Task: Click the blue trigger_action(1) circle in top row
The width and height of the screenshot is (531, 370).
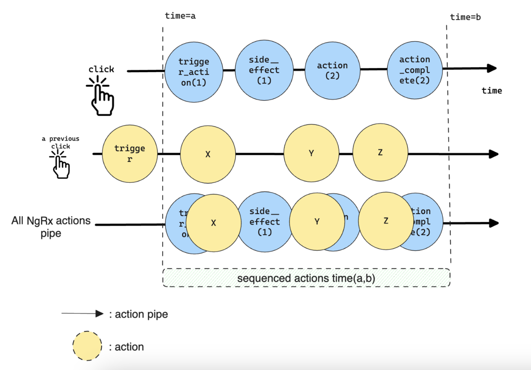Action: click(194, 72)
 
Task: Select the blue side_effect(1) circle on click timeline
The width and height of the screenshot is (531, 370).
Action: click(264, 70)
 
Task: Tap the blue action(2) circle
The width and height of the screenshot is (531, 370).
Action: click(332, 70)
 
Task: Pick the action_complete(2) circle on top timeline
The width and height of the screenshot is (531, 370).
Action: click(414, 70)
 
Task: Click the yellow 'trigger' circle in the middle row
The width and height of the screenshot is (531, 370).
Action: click(130, 154)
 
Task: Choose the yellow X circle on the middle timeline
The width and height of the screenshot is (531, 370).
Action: click(208, 154)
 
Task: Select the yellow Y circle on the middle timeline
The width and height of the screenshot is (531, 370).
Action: click(311, 153)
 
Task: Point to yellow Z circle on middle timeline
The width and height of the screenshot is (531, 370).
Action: click(380, 152)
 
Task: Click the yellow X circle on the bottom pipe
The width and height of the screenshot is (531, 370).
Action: click(213, 223)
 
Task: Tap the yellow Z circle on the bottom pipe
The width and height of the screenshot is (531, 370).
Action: click(386, 221)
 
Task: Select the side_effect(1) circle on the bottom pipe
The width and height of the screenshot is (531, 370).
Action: click(264, 221)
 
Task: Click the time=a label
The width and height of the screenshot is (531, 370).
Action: click(180, 16)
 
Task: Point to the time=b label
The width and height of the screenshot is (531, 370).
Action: click(465, 17)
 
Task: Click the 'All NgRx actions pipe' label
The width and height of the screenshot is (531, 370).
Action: click(51, 227)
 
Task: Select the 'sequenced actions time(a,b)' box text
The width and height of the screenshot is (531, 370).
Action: click(306, 278)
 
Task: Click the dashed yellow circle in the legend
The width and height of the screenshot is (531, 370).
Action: click(87, 346)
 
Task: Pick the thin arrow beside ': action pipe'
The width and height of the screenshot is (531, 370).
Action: click(82, 314)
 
